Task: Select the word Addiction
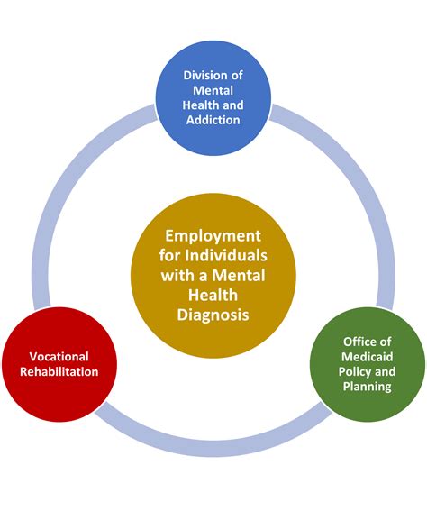point(213,120)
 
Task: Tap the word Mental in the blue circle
point(213,90)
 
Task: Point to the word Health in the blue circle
point(200,105)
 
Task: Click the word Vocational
point(59,357)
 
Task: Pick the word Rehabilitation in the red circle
point(59,371)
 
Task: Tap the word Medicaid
point(368,357)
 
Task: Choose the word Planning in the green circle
point(368,387)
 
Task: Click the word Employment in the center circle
point(213,236)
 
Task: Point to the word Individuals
point(226,255)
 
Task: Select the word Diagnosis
point(213,315)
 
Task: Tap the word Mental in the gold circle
point(239,275)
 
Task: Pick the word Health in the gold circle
point(213,295)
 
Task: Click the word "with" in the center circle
point(177,275)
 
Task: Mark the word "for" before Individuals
point(170,255)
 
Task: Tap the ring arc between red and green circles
point(213,448)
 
